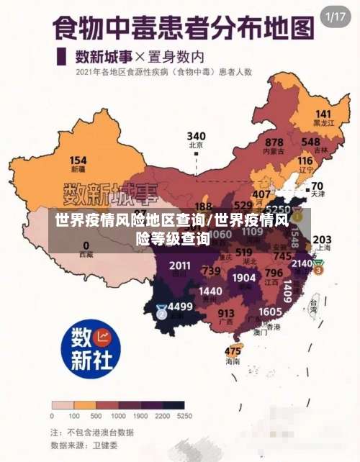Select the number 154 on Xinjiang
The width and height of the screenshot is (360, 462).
click(78, 160)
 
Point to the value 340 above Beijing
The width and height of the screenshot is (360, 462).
click(196, 136)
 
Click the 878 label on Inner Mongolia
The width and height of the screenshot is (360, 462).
click(274, 142)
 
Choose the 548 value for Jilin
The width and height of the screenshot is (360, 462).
click(311, 142)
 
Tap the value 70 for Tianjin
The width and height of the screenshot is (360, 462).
click(317, 186)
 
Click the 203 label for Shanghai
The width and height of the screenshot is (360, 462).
click(322, 239)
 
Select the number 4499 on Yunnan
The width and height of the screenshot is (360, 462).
click(180, 306)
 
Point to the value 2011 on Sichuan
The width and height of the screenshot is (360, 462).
click(180, 266)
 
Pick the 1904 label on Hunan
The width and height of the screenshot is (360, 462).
click(244, 278)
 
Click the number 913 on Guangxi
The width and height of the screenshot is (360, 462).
click(226, 313)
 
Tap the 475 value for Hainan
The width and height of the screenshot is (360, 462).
click(233, 351)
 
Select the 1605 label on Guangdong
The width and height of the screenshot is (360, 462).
click(270, 311)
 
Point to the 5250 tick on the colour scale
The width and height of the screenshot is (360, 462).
click(184, 416)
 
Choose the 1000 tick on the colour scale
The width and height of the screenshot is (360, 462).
click(117, 416)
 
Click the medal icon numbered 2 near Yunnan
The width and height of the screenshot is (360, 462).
click(161, 312)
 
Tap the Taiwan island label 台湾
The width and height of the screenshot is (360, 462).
click(313, 304)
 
